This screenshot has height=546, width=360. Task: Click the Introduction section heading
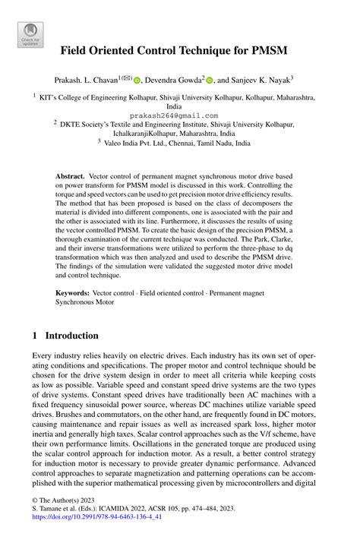coord(71,336)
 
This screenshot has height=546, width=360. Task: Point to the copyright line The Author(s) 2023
coord(64,521)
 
